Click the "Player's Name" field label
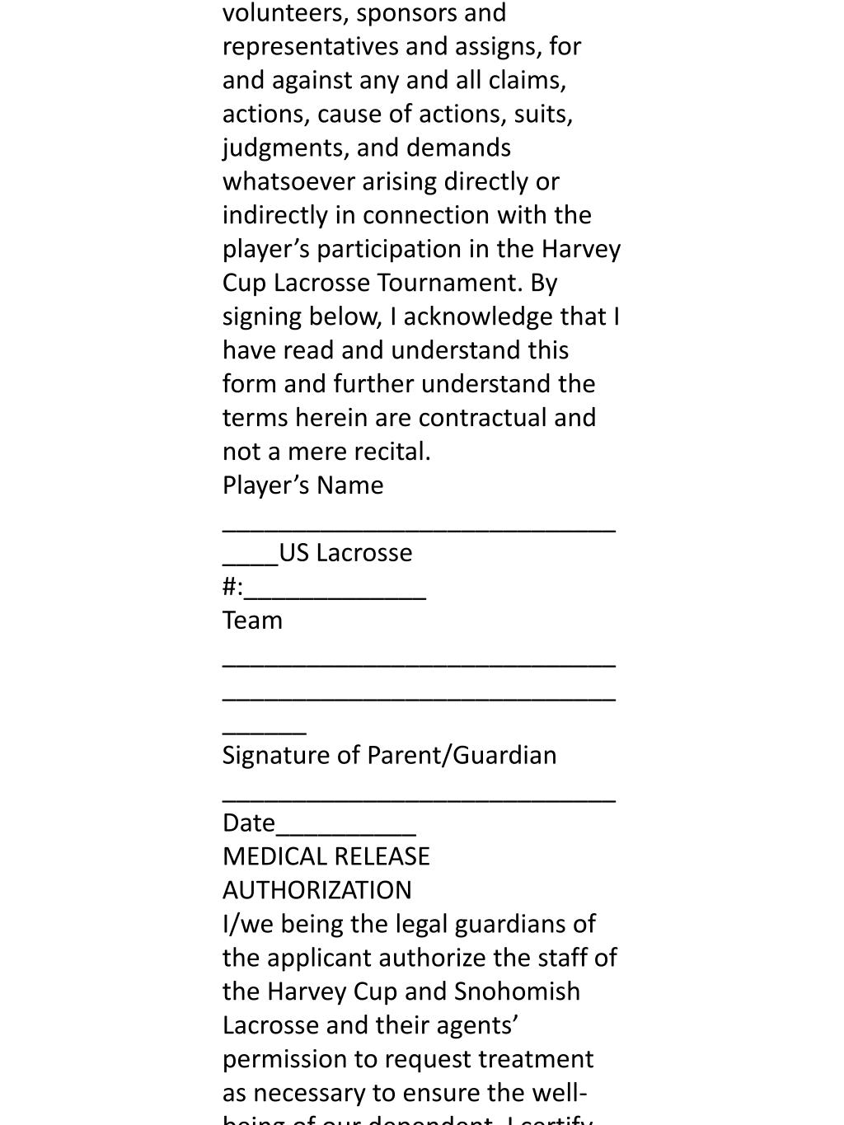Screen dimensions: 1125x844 (302, 485)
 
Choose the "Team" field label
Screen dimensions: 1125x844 (252, 621)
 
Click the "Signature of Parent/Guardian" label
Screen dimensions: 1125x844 (389, 755)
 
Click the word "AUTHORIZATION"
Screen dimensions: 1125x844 (316, 890)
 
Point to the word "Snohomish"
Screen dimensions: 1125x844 (517, 991)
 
